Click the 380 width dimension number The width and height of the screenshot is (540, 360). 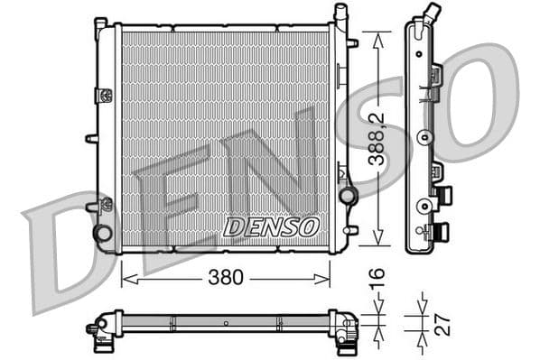(226, 278)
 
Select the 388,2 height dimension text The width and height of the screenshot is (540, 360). (379, 138)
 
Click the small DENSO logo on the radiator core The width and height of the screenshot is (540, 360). (271, 226)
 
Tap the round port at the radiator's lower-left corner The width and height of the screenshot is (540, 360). (103, 233)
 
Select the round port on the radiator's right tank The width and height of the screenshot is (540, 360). (347, 196)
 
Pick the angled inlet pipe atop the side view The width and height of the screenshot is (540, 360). (433, 14)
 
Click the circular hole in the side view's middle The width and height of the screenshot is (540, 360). (423, 138)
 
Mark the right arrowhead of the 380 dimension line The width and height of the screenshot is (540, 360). (328, 278)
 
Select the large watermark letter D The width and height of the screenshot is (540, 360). (68, 253)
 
